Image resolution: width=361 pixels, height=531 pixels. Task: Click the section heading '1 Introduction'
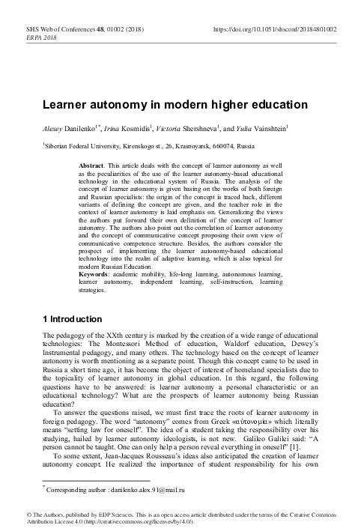(x=76, y=320)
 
